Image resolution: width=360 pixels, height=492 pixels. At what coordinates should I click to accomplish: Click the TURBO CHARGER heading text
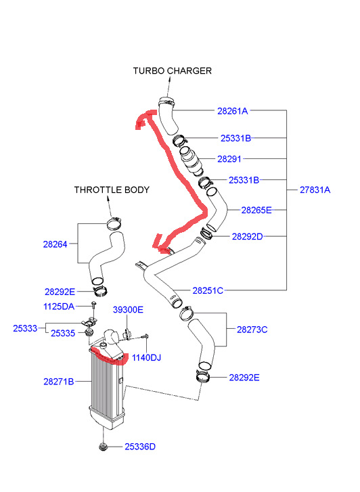pyautogui.click(x=173, y=71)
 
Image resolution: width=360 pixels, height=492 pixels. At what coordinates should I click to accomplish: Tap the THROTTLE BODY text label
pyautogui.click(x=112, y=190)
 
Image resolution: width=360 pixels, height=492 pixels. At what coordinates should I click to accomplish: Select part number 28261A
pyautogui.click(x=233, y=111)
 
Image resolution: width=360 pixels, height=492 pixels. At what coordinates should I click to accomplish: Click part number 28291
pyautogui.click(x=229, y=159)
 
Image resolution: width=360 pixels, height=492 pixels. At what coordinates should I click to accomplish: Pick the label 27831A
pyautogui.click(x=315, y=190)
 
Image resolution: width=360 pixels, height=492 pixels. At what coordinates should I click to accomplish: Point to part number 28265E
pyautogui.click(x=256, y=210)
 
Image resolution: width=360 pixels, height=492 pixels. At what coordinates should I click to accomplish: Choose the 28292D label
pyautogui.click(x=247, y=237)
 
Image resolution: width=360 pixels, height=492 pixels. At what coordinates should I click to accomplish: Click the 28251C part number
pyautogui.click(x=208, y=291)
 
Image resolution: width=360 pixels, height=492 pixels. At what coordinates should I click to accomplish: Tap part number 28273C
pyautogui.click(x=252, y=330)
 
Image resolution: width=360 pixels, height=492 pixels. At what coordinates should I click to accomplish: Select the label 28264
pyautogui.click(x=55, y=244)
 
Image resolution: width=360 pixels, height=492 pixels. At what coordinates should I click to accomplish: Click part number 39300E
pyautogui.click(x=128, y=310)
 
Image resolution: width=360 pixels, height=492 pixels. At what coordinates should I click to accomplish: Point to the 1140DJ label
pyautogui.click(x=146, y=358)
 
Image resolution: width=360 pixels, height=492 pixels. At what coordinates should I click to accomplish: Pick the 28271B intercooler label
pyautogui.click(x=59, y=382)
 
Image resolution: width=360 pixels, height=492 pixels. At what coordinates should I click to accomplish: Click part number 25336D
pyautogui.click(x=140, y=447)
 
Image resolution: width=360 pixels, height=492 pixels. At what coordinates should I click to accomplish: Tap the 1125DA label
pyautogui.click(x=59, y=307)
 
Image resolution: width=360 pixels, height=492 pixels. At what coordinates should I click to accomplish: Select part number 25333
pyautogui.click(x=25, y=328)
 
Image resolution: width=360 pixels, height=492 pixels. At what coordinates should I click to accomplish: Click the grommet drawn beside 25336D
pyautogui.click(x=103, y=447)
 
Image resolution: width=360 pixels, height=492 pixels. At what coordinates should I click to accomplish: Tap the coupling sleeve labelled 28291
pyautogui.click(x=192, y=160)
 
